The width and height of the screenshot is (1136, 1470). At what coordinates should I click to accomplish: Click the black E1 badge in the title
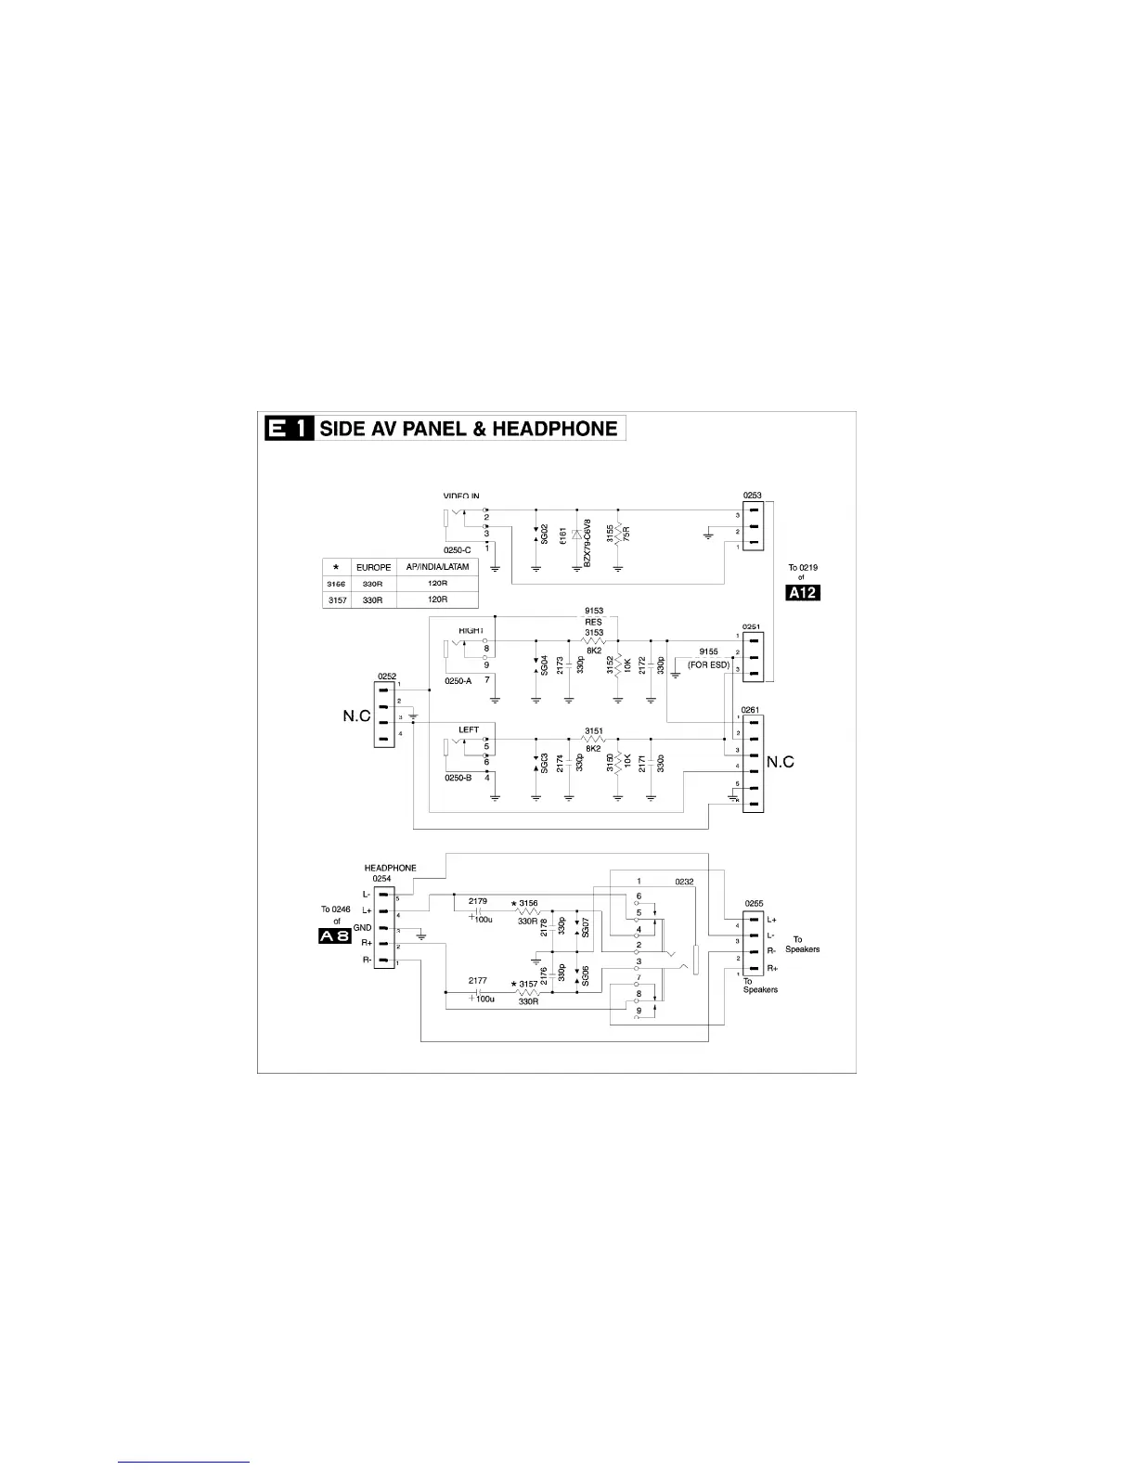(289, 428)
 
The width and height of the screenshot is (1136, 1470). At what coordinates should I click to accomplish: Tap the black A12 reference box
(803, 593)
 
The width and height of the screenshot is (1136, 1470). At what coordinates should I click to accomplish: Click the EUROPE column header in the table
(373, 567)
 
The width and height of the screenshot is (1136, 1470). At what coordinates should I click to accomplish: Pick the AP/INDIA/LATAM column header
(437, 567)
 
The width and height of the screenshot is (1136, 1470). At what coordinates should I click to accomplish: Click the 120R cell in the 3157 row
(437, 600)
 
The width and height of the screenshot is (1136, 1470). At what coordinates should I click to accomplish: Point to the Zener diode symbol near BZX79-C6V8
(576, 535)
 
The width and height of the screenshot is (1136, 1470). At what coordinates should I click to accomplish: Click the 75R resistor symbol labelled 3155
(618, 535)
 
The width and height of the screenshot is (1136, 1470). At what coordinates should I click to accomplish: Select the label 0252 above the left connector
(387, 677)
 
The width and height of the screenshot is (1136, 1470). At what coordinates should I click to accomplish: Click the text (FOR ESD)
(708, 664)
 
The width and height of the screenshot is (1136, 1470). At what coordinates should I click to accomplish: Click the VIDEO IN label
(461, 496)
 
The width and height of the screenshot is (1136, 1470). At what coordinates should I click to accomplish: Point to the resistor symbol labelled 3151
(593, 740)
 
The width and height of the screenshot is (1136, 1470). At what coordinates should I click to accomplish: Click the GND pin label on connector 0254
(362, 928)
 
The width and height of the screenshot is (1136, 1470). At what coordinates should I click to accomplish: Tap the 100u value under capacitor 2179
(484, 920)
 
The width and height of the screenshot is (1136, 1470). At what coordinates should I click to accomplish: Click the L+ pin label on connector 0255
(772, 920)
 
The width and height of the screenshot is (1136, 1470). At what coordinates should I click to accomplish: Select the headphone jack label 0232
(684, 882)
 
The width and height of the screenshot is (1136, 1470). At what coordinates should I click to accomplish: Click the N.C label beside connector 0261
(781, 762)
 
